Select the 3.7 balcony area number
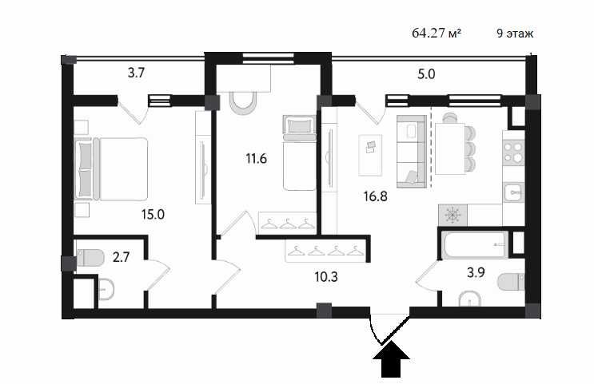click(136, 74)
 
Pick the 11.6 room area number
click(255, 157)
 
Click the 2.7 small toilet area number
click(122, 257)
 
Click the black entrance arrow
click(392, 363)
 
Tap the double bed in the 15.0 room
click(111, 168)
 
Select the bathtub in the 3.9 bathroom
click(475, 243)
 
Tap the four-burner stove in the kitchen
click(513, 152)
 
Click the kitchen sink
click(513, 192)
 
